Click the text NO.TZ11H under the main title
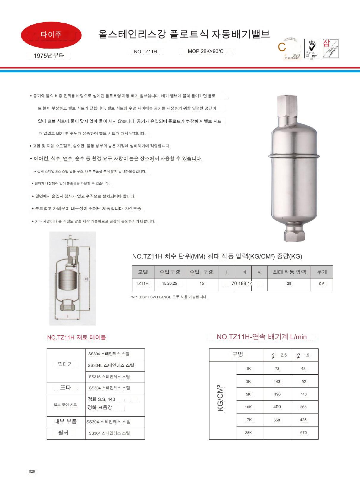pyautogui.click(x=145, y=52)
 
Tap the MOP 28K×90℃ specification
pyautogui.click(x=205, y=51)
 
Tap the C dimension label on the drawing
pyautogui.click(x=70, y=237)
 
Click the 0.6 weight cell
pyautogui.click(x=322, y=284)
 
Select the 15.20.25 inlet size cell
pyautogui.click(x=170, y=284)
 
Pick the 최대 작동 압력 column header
pyautogui.click(x=289, y=272)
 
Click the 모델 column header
pyautogui.click(x=143, y=272)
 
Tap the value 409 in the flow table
pyautogui.click(x=277, y=407)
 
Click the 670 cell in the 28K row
pyautogui.click(x=303, y=432)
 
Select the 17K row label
pyautogui.click(x=248, y=420)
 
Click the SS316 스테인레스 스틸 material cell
pyautogui.click(x=109, y=377)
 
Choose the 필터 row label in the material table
pyautogui.click(x=63, y=433)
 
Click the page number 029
pyautogui.click(x=32, y=471)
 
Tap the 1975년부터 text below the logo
pyautogui.click(x=49, y=56)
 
